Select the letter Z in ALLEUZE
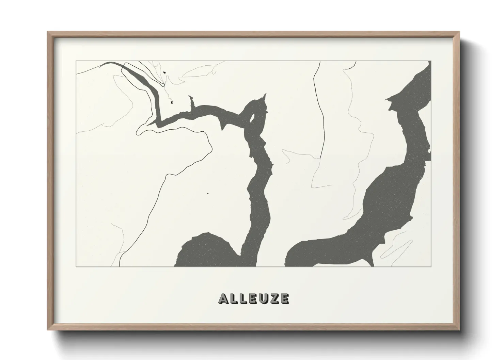(274, 298)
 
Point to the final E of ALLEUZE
(284, 298)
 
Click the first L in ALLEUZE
(233, 298)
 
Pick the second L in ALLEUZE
(242, 298)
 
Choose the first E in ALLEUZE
(252, 298)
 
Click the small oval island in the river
(252, 118)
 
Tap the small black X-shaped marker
(172, 102)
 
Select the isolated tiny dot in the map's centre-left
(208, 194)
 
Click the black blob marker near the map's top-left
(164, 72)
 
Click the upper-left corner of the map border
(76, 61)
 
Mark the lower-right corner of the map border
(430, 266)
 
